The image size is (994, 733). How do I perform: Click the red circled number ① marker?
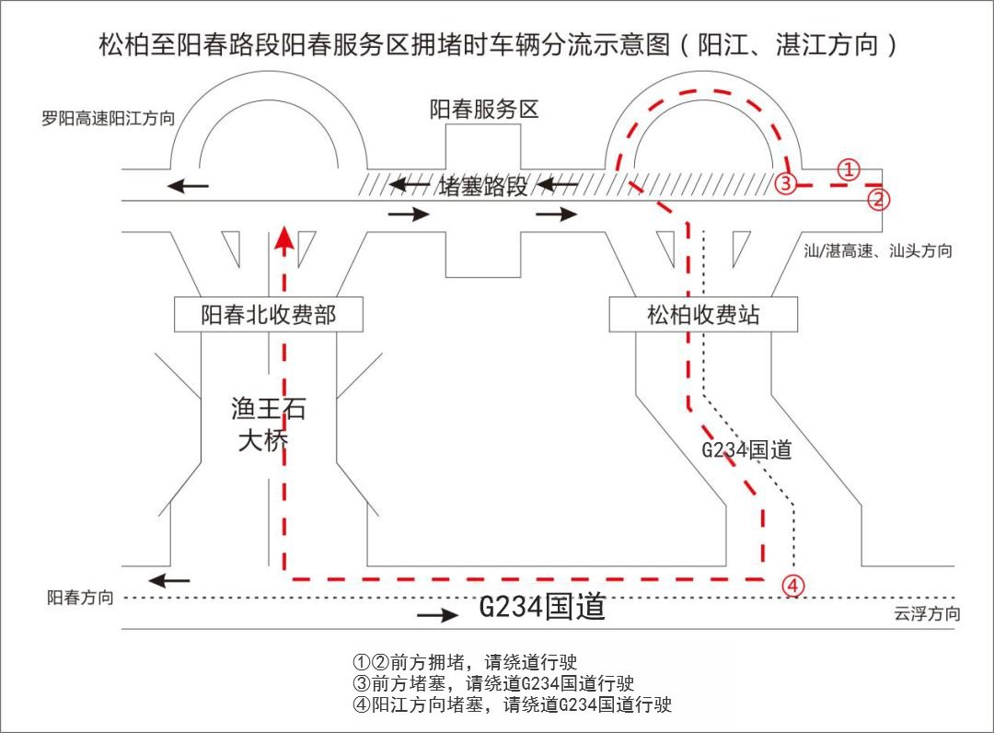coord(848,169)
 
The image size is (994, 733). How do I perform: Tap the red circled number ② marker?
coord(879,198)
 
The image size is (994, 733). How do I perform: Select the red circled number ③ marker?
coord(784,182)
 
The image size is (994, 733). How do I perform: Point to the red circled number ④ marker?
coord(793,585)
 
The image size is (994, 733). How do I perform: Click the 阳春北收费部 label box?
coord(269,315)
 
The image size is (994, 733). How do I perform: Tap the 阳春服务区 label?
coord(484,110)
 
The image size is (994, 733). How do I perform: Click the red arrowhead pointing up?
coord(285,239)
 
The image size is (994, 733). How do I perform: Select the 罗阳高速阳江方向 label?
coord(108,119)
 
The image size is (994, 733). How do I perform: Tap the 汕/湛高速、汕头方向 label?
coord(877,250)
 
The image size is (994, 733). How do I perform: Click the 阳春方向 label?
coord(81,598)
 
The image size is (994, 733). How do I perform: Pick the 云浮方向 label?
coord(927,614)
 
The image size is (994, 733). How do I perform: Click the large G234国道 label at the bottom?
coord(543,608)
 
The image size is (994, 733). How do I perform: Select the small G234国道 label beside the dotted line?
coord(746,450)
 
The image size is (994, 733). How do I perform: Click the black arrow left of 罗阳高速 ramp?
coord(188,187)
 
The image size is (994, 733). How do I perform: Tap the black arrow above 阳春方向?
coord(169,580)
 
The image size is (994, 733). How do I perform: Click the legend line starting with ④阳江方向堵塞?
coord(512,705)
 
